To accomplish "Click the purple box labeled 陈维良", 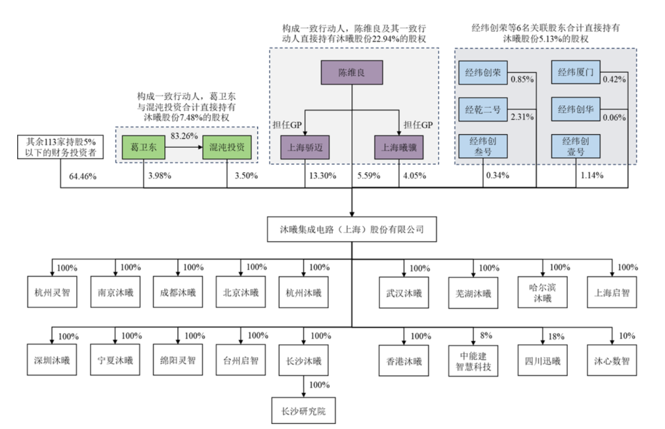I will pos(352,73).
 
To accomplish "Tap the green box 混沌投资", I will pos(227,148).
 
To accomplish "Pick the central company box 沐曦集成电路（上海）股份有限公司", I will pos(352,230).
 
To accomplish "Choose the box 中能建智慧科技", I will pos(473,361).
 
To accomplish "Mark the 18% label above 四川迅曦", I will pos(555,336).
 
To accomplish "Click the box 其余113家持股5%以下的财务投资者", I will pos(60,148).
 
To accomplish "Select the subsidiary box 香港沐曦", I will pos(403,361).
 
